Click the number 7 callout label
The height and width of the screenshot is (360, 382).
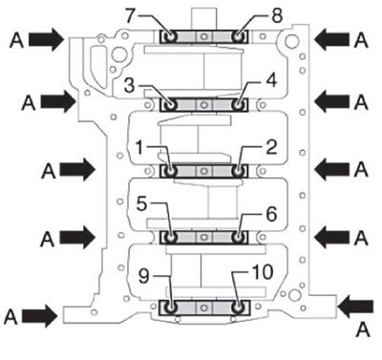click(130, 16)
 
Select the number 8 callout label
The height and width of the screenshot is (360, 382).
click(277, 15)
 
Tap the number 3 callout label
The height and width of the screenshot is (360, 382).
click(129, 86)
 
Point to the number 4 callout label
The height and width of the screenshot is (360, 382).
click(271, 81)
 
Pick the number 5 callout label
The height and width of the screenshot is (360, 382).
click(141, 203)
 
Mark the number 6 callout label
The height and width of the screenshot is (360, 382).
click(271, 214)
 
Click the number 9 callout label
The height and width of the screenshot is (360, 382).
click(144, 276)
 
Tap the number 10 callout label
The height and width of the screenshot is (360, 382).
click(263, 272)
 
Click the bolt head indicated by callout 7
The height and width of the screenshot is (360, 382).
click(170, 36)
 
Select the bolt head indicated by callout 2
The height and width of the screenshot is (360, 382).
click(238, 171)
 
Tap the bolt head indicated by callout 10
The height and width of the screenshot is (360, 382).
click(238, 307)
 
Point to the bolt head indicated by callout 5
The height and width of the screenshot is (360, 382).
click(171, 238)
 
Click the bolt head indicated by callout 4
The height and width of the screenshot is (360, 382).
click(238, 104)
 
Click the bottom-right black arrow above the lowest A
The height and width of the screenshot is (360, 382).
click(355, 307)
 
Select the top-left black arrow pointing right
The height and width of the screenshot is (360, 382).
click(47, 39)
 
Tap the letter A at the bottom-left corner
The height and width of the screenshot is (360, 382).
click(11, 317)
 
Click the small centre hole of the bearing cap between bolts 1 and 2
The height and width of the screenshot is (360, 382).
click(204, 171)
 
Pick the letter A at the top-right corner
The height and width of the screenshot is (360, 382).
click(361, 40)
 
